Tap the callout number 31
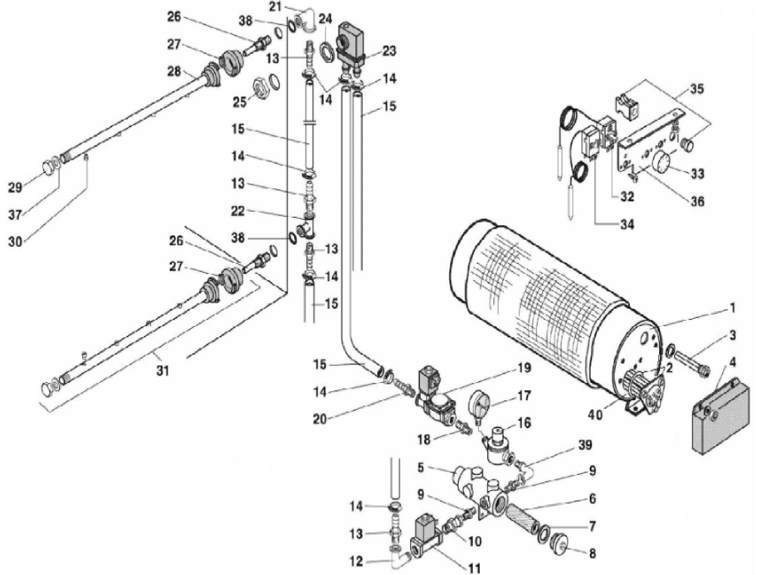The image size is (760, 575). pos(163,370)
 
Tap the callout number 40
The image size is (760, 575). pos(595,414)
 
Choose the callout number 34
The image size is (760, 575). pos(626,224)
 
